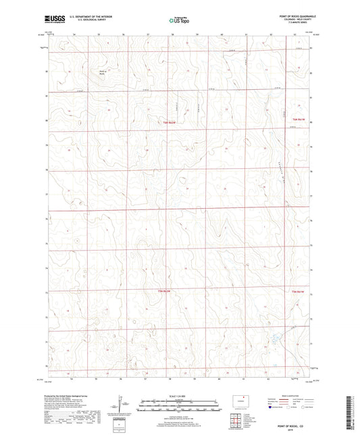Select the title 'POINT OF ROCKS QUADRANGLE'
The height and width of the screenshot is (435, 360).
point(297,16)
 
